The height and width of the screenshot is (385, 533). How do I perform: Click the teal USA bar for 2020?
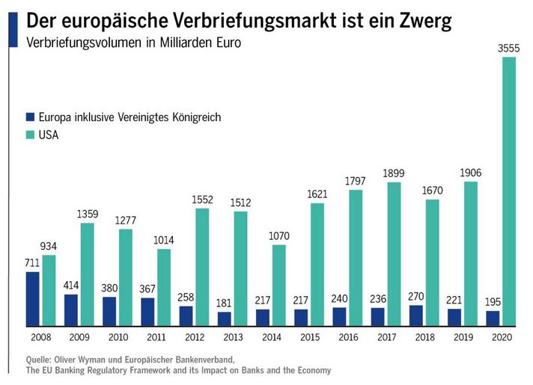(509, 191)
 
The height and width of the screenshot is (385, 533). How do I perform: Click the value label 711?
(33, 263)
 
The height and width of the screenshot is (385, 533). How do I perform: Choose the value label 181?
(225, 304)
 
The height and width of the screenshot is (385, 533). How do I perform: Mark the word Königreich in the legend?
(198, 117)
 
